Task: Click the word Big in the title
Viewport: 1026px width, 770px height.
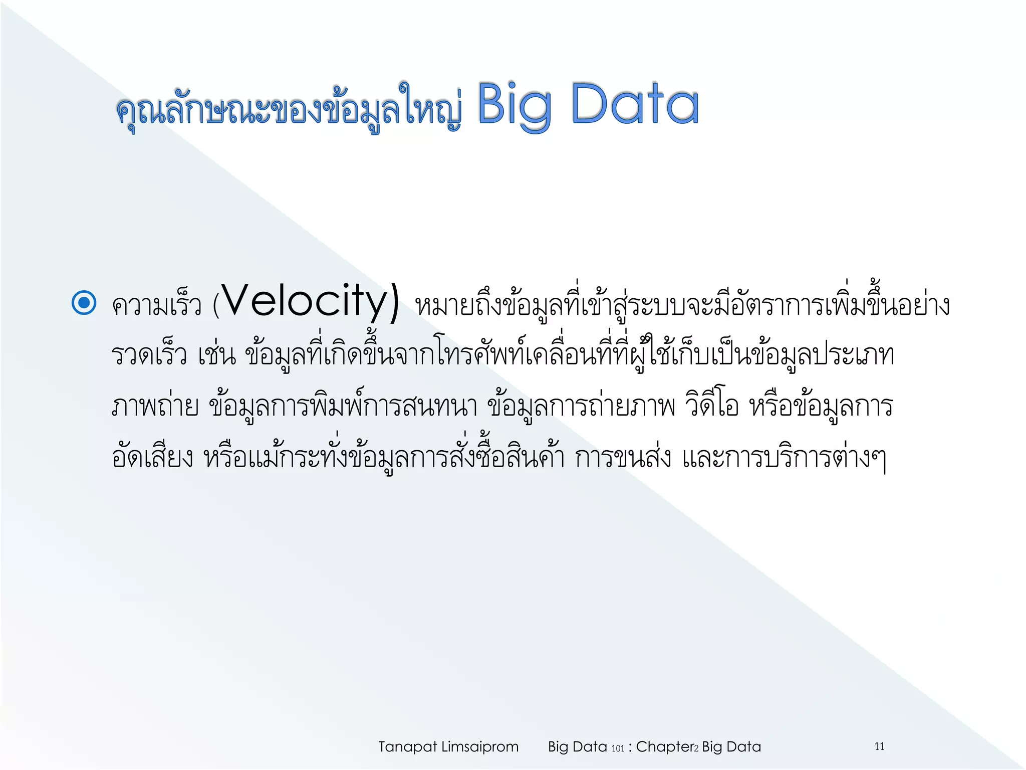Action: click(515, 105)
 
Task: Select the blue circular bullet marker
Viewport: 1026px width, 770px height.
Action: click(84, 303)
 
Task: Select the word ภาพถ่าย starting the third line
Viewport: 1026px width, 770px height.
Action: click(155, 406)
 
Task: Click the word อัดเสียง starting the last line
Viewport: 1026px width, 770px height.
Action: click(152, 457)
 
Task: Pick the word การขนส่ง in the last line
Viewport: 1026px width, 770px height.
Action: click(623, 457)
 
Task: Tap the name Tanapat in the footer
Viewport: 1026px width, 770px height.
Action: click(407, 747)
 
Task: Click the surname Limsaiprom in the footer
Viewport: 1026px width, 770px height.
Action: click(479, 747)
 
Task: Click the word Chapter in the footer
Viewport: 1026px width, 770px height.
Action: click(664, 747)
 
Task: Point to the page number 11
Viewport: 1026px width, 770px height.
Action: click(879, 746)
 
